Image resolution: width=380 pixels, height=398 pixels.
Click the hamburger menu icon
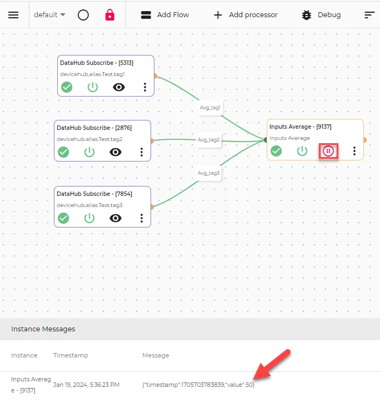coord(13,15)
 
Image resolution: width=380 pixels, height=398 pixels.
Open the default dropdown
coord(49,15)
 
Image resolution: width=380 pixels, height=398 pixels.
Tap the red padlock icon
coord(110,15)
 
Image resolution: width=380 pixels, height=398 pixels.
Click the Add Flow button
coord(165,15)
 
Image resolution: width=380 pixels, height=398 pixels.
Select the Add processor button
coord(246,15)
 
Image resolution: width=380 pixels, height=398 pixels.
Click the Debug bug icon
coord(307,15)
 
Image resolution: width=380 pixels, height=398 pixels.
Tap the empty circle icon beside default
coord(83,15)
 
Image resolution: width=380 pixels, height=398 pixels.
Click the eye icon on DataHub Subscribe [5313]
coord(119,87)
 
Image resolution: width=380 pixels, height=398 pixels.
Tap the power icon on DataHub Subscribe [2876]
coord(89,152)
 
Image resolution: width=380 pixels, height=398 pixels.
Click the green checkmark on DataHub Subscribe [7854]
coord(63,218)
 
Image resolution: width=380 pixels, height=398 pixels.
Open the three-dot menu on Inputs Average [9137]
coord(354,151)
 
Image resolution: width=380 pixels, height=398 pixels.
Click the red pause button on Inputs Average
coord(328,151)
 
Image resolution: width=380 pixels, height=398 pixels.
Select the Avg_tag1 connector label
coord(210,108)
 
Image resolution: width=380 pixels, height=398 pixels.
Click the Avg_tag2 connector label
coord(208,140)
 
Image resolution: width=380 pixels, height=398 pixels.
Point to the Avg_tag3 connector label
coord(208,173)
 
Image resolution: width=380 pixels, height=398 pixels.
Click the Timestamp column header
coord(71,355)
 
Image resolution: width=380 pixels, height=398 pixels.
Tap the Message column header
coord(156,355)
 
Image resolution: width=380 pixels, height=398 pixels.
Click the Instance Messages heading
coord(43,329)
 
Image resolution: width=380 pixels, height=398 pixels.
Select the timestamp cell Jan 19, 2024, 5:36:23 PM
coord(86,385)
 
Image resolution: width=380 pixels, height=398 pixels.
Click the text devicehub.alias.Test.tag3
coord(89,205)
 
